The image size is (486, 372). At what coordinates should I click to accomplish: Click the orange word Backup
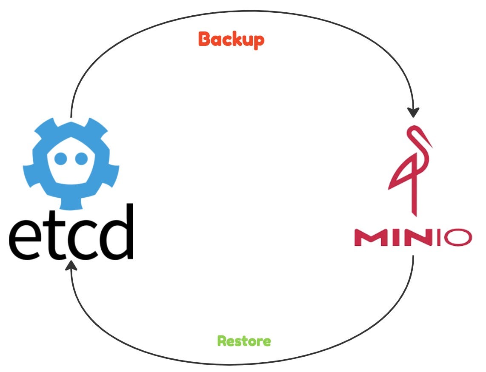click(231, 40)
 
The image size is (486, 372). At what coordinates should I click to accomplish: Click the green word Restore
click(244, 341)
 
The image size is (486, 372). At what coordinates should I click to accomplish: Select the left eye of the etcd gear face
click(61, 158)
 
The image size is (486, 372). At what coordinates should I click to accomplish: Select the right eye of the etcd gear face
click(80, 158)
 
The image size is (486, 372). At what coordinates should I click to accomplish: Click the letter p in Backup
click(258, 41)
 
